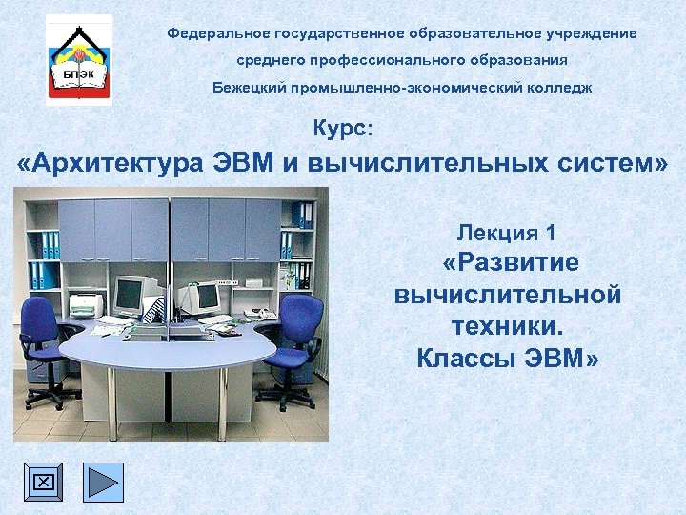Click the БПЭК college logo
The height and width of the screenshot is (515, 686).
coord(79,59)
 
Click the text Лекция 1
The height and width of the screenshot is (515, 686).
coord(506,232)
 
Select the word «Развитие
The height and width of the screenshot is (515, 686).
coord(511,263)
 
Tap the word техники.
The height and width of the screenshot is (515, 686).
coord(507,327)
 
